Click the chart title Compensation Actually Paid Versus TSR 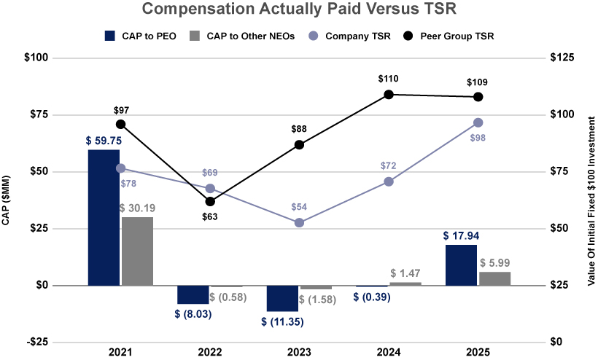(x=298, y=9)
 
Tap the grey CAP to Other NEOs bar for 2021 (x=137, y=251)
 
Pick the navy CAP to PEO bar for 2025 (x=460, y=265)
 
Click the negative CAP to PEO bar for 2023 (x=282, y=298)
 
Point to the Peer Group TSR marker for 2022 (x=210, y=201)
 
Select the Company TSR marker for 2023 (x=299, y=222)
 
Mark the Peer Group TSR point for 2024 (x=389, y=94)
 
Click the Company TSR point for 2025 (x=478, y=122)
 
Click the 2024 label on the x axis (x=389, y=352)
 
